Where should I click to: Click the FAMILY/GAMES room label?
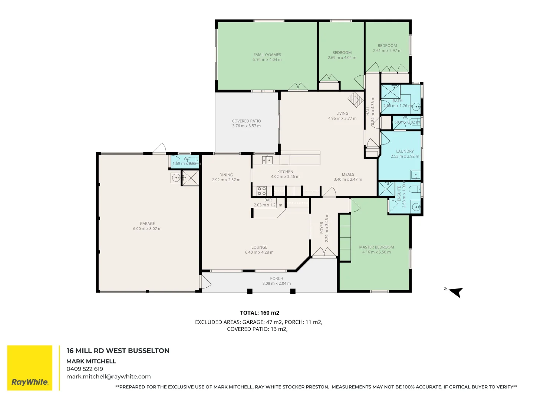(267, 55)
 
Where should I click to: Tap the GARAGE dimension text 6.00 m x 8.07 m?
(147, 229)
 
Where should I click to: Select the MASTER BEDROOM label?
(376, 247)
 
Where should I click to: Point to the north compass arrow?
(456, 292)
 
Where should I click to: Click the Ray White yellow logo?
(30, 368)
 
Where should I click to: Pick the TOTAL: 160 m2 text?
(259, 313)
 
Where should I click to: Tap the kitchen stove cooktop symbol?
(262, 191)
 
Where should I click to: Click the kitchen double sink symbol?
(267, 160)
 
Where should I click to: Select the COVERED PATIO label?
(246, 121)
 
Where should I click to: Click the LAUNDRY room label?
(405, 151)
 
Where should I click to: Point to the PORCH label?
(276, 278)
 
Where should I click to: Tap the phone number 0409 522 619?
(85, 369)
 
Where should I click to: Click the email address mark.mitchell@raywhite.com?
(108, 376)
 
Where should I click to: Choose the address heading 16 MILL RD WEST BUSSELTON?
(118, 351)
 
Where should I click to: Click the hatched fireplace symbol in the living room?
(356, 100)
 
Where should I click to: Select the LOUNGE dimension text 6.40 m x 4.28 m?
(259, 252)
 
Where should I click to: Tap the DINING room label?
(226, 175)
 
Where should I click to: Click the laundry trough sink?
(415, 175)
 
